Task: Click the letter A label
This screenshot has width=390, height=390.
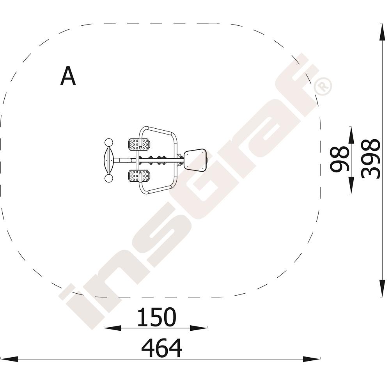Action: pos(68,76)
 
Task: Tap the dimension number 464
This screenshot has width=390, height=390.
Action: pos(162,348)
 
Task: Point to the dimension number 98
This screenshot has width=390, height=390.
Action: pos(340,159)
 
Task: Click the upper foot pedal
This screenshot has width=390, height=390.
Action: pos(139,144)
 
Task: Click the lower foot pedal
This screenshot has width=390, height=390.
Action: pos(139,176)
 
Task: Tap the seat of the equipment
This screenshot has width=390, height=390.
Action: pos(195,160)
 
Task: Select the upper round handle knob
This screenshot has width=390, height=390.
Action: pos(109,143)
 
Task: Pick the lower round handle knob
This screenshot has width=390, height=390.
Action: pos(109,178)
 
